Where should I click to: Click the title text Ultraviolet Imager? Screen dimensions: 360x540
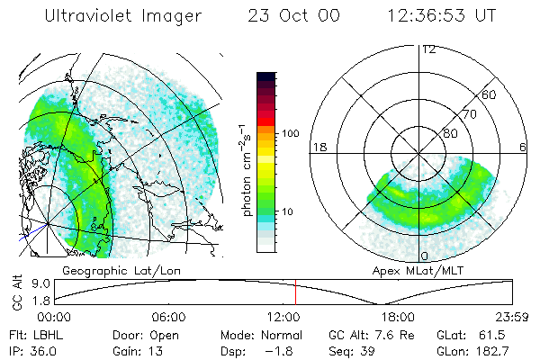click(x=123, y=16)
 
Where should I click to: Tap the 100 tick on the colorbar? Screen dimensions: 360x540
click(x=291, y=133)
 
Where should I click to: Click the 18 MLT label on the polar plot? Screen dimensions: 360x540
click(x=319, y=147)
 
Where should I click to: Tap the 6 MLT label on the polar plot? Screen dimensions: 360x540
click(x=523, y=147)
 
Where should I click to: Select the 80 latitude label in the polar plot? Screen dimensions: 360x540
click(x=450, y=133)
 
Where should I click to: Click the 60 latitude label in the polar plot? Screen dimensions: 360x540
click(x=490, y=94)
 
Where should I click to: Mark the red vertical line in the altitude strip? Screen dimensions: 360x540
click(x=295, y=292)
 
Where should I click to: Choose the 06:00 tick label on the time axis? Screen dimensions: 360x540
click(x=168, y=317)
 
